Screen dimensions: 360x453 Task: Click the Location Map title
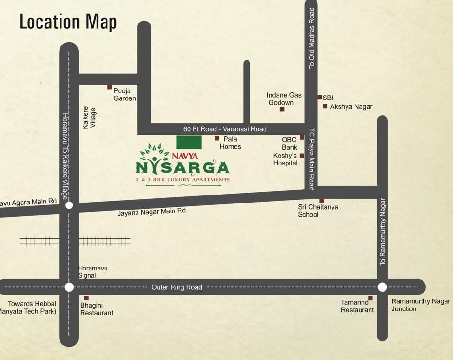(x=68, y=22)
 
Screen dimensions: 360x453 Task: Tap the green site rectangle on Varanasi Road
(x=189, y=142)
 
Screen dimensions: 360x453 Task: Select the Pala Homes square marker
(x=217, y=138)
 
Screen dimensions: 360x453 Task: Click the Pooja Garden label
(x=125, y=94)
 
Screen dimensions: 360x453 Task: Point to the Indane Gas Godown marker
(x=282, y=109)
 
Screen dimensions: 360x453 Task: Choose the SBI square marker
(x=319, y=97)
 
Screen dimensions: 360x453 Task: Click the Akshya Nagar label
(x=351, y=107)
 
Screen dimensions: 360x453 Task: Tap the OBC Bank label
(x=289, y=143)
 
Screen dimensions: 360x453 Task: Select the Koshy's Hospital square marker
(x=302, y=156)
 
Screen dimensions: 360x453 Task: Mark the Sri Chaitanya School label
(x=318, y=211)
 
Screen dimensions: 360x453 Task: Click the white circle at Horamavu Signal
(x=69, y=287)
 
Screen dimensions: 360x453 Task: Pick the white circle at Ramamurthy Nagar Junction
(x=382, y=287)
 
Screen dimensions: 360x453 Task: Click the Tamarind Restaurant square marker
(x=370, y=298)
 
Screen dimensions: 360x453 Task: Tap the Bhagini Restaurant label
(x=97, y=309)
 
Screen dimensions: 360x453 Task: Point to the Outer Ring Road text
(x=177, y=287)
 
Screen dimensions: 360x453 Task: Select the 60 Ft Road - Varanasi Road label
(x=225, y=129)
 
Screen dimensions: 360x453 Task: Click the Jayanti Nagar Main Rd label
(x=151, y=212)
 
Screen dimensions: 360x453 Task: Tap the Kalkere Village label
(x=89, y=118)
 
